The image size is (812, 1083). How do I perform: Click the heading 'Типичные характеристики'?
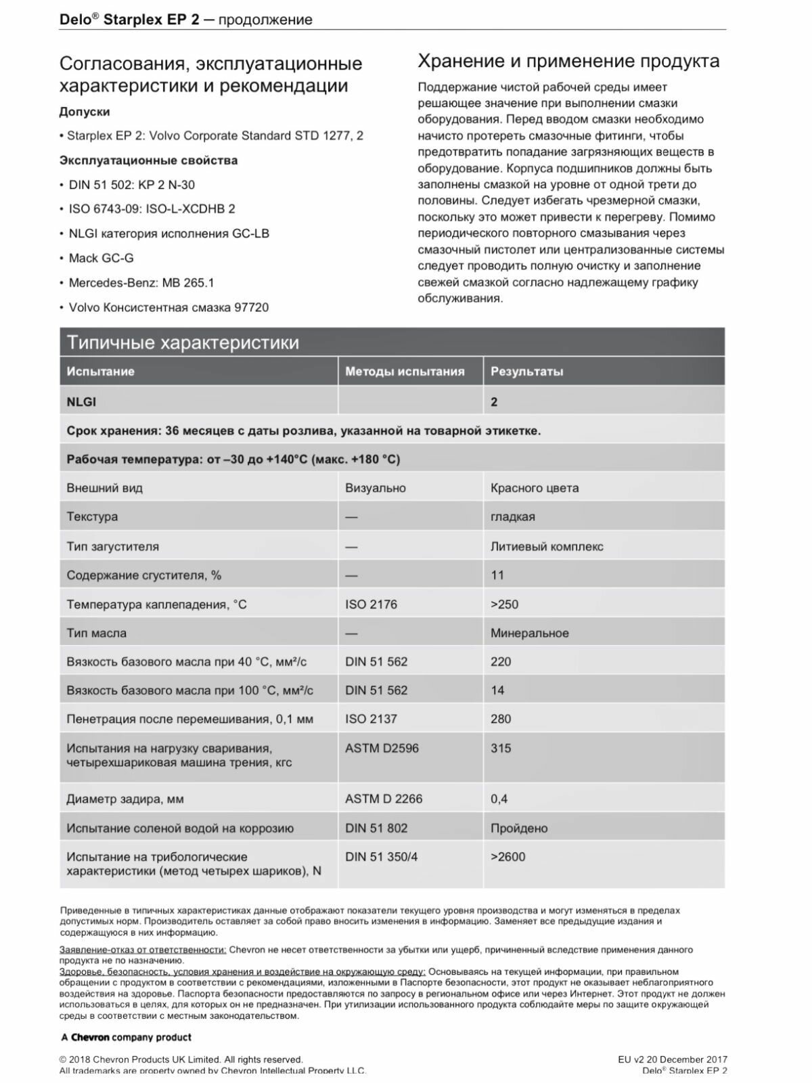click(183, 342)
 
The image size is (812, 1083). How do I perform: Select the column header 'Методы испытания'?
click(405, 371)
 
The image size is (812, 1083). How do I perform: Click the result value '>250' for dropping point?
click(504, 604)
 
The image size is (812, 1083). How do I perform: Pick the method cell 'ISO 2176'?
click(371, 604)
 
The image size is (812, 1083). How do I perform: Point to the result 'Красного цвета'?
click(535, 488)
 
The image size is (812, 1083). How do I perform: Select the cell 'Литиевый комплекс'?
click(547, 546)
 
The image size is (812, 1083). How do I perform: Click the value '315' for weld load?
click(501, 748)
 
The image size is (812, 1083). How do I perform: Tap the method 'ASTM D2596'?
click(382, 748)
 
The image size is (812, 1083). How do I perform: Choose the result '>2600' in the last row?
click(507, 856)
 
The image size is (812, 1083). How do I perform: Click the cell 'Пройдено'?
click(519, 828)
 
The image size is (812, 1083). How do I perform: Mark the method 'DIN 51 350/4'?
click(381, 856)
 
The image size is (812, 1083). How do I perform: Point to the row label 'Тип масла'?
click(96, 633)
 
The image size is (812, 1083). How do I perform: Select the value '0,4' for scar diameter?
click(499, 799)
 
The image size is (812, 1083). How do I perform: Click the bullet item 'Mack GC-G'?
click(101, 258)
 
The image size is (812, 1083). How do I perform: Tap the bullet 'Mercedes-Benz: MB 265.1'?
click(141, 282)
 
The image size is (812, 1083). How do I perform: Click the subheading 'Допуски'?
click(85, 112)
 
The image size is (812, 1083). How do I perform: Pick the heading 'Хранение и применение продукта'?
click(568, 62)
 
